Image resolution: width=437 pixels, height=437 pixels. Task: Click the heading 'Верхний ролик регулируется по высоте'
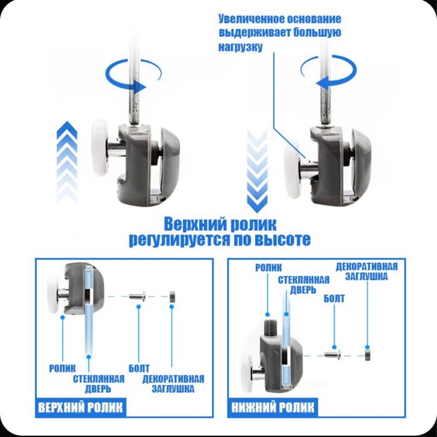pos(219,231)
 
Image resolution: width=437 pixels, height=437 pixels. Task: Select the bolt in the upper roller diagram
pos(138,296)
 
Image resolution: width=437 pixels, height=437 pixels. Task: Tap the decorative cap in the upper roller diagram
pos(171,296)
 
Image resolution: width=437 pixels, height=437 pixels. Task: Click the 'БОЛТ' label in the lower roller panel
pos(334,299)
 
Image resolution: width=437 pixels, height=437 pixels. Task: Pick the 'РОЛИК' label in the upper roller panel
pos(63,368)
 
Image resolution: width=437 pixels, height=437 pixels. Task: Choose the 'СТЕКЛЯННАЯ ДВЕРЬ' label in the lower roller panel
pos(299,284)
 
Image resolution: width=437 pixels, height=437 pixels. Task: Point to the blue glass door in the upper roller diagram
pos(89,313)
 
